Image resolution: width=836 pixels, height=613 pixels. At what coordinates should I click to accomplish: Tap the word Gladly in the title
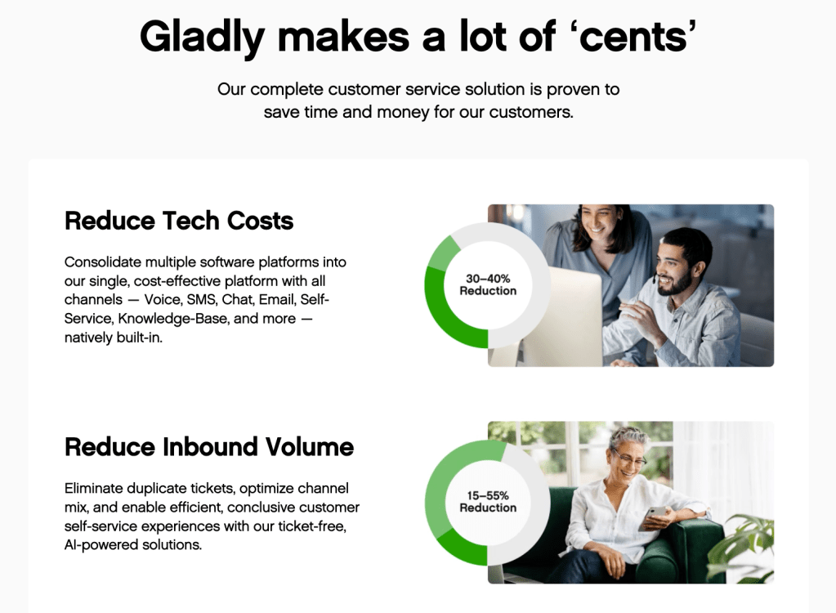click(x=202, y=38)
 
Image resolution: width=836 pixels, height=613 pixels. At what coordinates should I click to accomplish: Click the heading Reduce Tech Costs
click(x=179, y=221)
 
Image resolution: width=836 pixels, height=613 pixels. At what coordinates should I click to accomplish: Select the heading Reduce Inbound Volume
click(x=209, y=447)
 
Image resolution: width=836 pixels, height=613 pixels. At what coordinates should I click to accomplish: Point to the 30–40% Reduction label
click(x=488, y=284)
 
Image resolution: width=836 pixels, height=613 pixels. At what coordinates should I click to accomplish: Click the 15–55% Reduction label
click(x=488, y=502)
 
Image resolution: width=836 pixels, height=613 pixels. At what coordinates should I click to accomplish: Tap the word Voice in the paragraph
click(x=163, y=300)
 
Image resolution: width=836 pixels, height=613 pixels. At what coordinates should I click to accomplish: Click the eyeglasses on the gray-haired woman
click(x=628, y=458)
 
